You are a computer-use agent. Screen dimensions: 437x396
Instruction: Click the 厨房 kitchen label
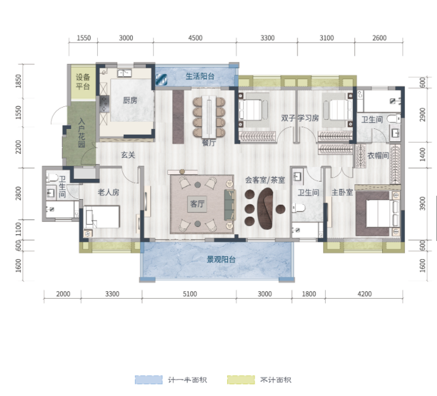point(130,100)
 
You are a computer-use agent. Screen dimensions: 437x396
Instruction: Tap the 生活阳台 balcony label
point(200,76)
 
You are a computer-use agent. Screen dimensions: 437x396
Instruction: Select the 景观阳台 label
point(221,260)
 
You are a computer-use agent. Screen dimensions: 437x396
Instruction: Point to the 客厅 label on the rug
point(197,204)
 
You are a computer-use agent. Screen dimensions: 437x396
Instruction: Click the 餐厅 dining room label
point(209,143)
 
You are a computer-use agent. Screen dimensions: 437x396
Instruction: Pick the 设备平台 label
point(83,81)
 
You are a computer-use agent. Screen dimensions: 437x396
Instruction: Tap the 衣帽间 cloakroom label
point(378,156)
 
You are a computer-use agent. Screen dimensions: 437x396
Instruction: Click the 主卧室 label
point(342,192)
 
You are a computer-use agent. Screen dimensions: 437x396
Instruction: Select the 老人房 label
point(109,192)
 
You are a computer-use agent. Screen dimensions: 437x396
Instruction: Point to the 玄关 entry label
point(128,155)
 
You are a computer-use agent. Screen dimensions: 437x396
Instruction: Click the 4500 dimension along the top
point(195,38)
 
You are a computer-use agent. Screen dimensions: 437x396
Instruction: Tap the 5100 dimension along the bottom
point(190,294)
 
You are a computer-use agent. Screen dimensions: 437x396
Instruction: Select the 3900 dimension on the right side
point(422,204)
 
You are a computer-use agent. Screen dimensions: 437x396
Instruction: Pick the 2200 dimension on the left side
point(19,147)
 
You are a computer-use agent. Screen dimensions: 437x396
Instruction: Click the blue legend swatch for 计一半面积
point(149,380)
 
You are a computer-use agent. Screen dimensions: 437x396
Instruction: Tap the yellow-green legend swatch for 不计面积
point(241,380)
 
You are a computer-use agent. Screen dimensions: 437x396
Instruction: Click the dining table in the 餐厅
point(209,117)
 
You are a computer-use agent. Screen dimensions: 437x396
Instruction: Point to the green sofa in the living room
point(230,204)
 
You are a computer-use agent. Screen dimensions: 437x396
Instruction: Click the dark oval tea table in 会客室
point(265,208)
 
